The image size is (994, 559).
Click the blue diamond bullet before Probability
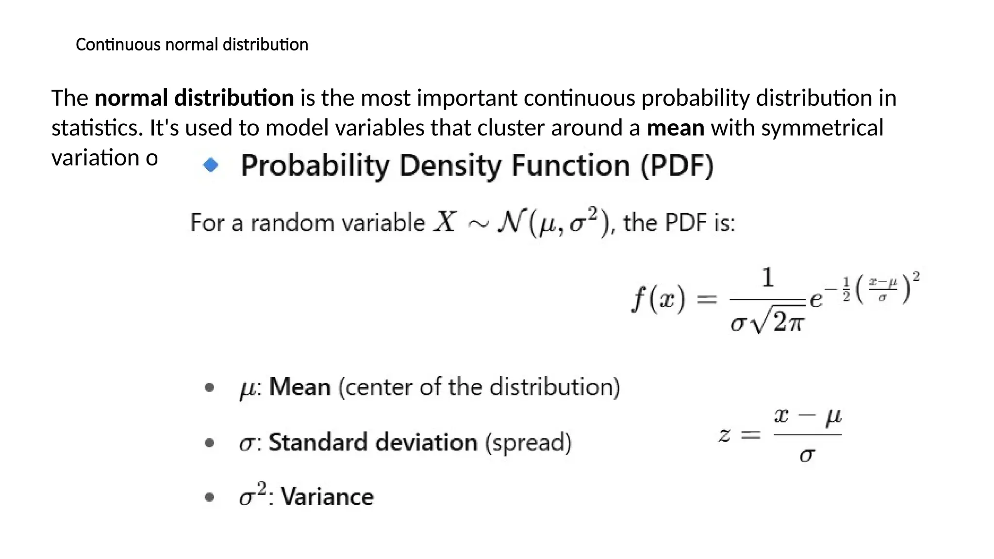[211, 165]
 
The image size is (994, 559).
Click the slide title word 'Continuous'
[118, 45]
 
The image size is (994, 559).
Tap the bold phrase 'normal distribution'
[194, 98]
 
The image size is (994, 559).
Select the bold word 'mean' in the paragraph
[675, 128]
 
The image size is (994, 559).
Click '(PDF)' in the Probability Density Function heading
[677, 166]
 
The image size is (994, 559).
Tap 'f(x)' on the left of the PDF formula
[658, 299]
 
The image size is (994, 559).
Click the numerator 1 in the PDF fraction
[767, 278]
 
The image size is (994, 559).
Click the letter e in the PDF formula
[816, 298]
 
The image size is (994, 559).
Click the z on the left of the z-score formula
[724, 434]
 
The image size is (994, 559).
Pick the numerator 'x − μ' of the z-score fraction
[807, 416]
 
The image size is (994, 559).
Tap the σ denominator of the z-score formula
[807, 455]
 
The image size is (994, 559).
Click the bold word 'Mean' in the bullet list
[299, 387]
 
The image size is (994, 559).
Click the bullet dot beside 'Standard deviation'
[209, 443]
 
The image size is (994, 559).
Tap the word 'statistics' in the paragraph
[97, 128]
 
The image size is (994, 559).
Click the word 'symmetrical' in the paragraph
[822, 128]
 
